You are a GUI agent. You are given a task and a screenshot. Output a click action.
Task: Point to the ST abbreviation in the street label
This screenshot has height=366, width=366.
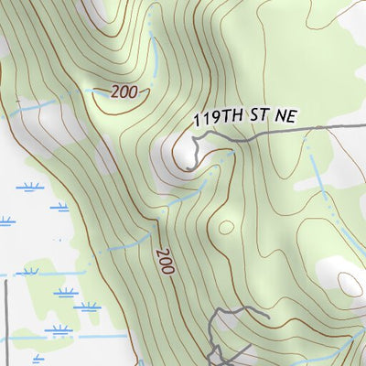tap(259, 119)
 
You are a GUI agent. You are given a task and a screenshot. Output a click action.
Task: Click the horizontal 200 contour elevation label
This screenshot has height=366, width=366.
tap(126, 91)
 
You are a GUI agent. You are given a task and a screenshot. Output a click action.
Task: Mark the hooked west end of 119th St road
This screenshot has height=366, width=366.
tap(192, 139)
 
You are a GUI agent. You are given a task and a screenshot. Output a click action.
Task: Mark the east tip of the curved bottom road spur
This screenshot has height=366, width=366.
tap(266, 316)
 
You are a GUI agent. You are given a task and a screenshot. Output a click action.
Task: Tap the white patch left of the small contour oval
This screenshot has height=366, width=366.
tap(329, 270)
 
